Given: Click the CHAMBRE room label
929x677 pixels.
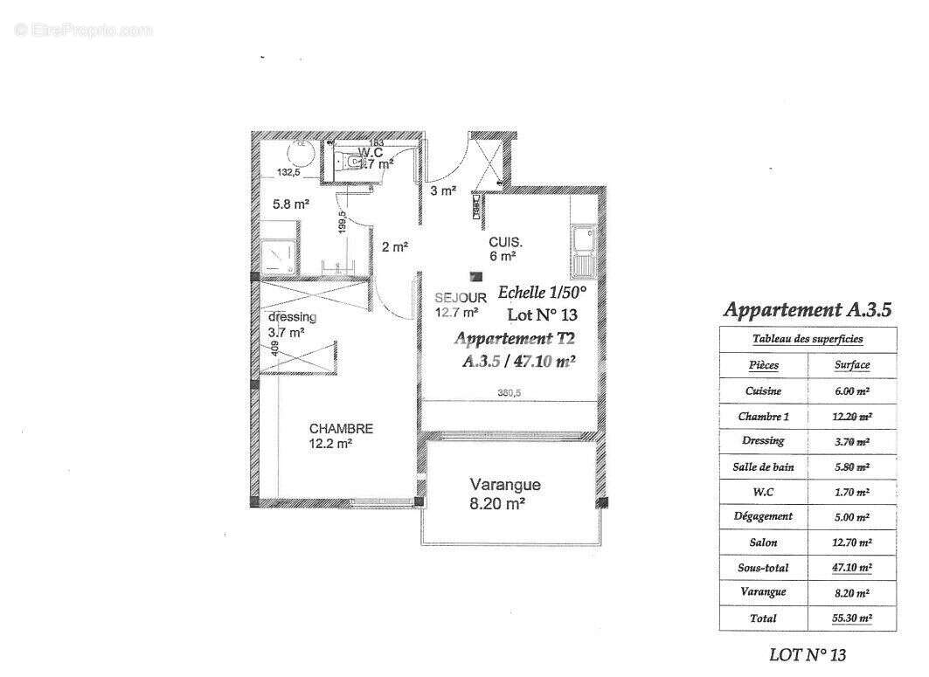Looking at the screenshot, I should [x=341, y=429].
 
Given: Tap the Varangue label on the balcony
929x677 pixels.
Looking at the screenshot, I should [x=505, y=485].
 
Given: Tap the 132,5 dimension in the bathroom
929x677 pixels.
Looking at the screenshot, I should [x=288, y=173].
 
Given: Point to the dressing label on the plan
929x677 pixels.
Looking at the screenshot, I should [x=292, y=317].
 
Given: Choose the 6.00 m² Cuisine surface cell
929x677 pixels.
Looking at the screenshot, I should [x=851, y=391].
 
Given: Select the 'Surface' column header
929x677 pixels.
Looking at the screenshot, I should [x=851, y=365].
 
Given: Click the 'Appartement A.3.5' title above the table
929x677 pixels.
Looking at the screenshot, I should [x=808, y=309].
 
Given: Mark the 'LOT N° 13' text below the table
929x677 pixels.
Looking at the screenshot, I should [x=807, y=654].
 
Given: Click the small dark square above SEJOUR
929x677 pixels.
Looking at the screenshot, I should [x=475, y=276].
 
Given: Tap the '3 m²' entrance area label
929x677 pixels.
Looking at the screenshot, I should [x=443, y=191].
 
